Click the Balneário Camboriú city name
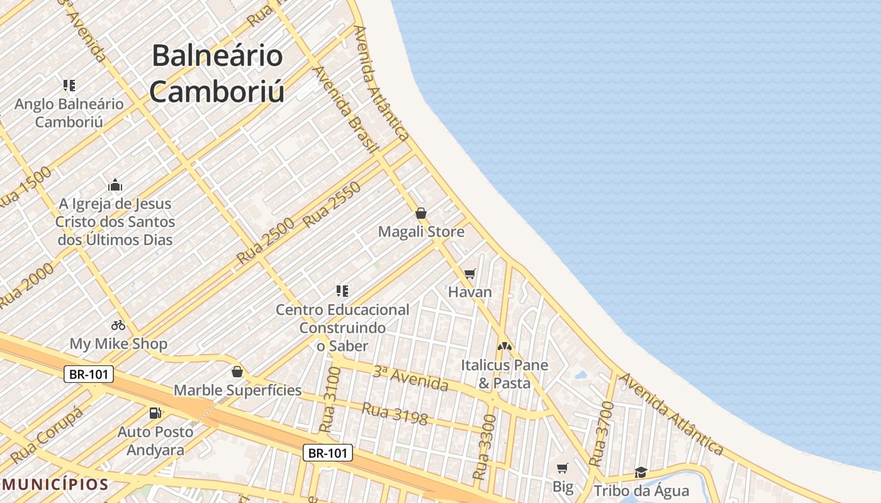(x=217, y=74)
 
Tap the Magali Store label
(x=421, y=231)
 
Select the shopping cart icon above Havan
(x=469, y=274)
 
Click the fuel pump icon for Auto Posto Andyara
(x=155, y=413)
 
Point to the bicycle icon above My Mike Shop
(x=118, y=325)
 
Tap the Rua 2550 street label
(x=332, y=204)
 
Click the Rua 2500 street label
(x=266, y=241)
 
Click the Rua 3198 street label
(x=394, y=413)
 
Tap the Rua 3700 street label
(x=601, y=434)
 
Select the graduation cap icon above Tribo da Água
(x=641, y=472)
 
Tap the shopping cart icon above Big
(x=563, y=468)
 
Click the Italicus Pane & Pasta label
(x=504, y=374)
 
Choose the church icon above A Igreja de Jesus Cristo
(x=115, y=185)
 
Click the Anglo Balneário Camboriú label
(x=69, y=113)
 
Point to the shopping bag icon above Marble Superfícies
(x=237, y=372)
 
